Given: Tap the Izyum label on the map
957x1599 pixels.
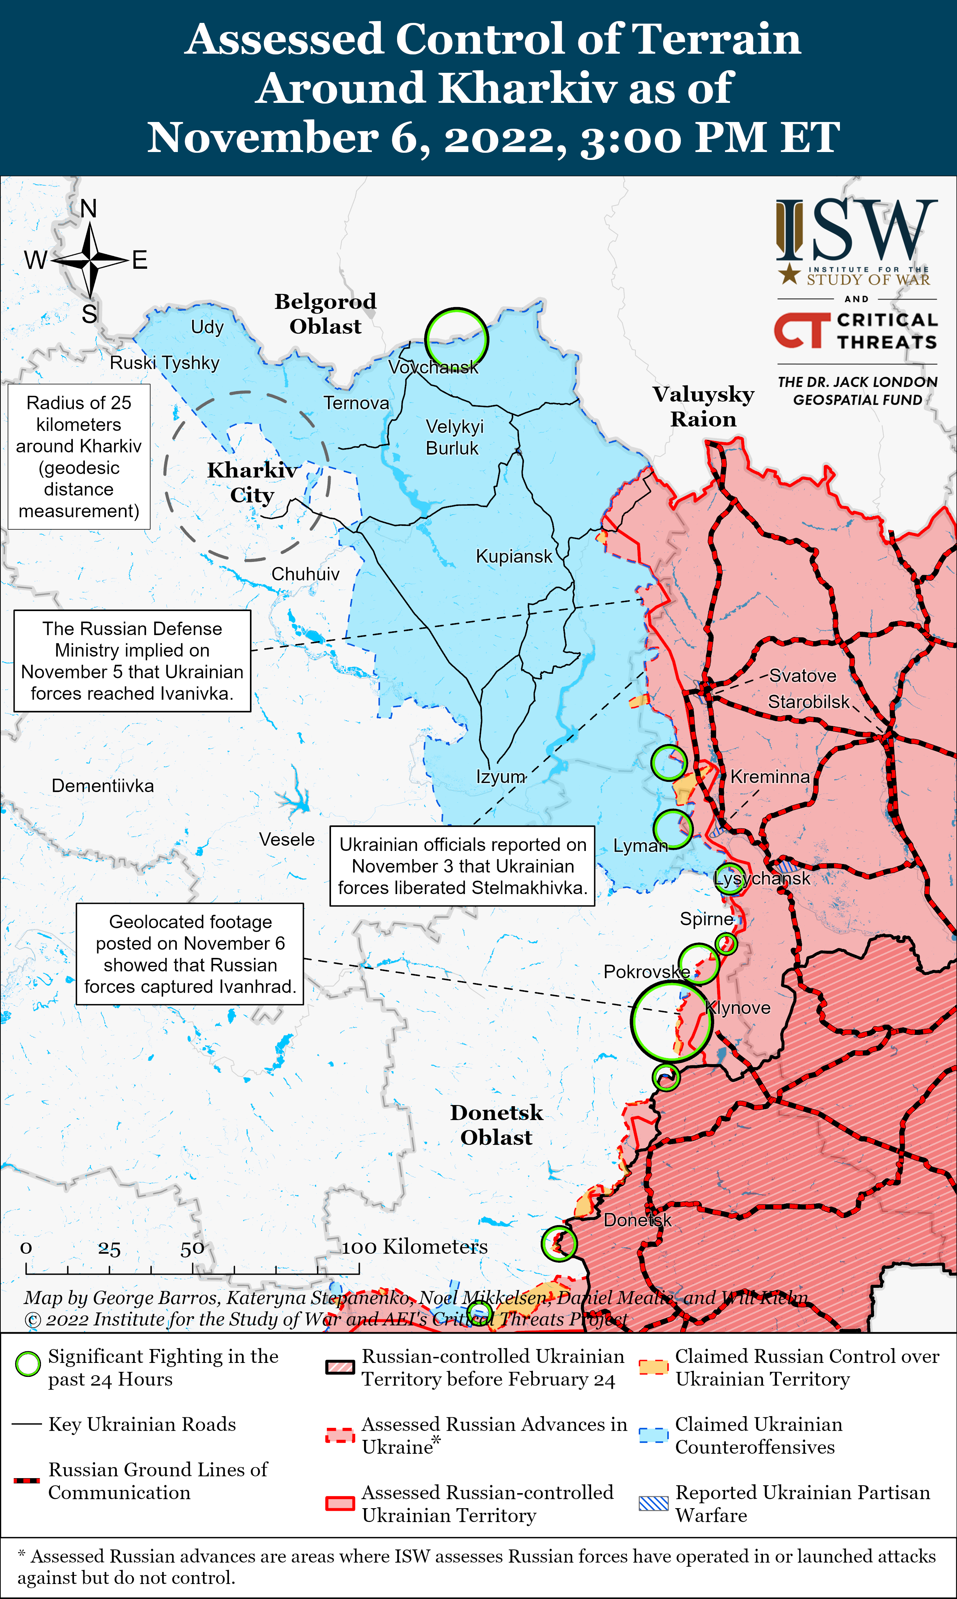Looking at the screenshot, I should (500, 777).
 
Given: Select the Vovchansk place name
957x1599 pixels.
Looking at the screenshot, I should (433, 368).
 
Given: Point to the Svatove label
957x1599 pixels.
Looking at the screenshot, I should (802, 676).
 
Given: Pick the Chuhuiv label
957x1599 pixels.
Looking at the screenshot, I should (305, 574).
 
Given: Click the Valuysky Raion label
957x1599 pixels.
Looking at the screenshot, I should (703, 407).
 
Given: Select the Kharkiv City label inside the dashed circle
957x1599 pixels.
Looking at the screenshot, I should (252, 482).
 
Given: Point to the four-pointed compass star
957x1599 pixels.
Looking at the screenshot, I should (90, 260).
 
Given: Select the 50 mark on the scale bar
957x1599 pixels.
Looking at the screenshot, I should (192, 1250).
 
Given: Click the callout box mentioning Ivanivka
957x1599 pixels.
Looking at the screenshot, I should (132, 661).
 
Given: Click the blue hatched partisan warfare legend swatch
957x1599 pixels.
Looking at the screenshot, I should (653, 1504).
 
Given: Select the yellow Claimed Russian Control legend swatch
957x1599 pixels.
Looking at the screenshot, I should (653, 1367).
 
